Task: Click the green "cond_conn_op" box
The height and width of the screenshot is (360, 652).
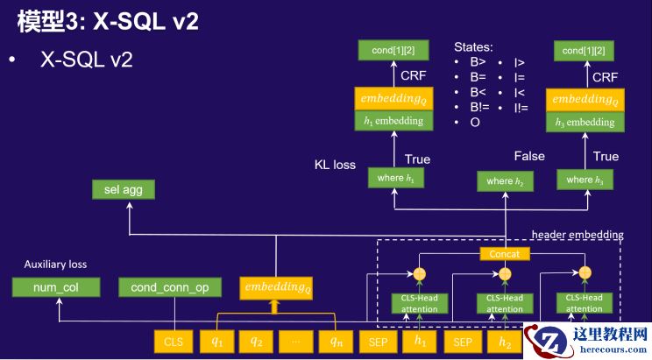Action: click(171, 287)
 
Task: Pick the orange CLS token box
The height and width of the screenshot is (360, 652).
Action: click(174, 342)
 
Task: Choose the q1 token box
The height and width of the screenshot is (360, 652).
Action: click(216, 342)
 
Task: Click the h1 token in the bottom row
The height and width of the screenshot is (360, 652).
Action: click(421, 342)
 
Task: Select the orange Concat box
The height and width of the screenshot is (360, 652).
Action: click(504, 254)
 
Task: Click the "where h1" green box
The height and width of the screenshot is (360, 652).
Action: click(393, 179)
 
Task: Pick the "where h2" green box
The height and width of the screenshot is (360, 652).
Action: click(504, 181)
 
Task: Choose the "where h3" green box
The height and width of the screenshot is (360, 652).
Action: click(585, 180)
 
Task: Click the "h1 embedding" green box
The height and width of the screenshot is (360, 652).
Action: click(393, 121)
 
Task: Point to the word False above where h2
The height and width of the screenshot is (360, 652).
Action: click(529, 156)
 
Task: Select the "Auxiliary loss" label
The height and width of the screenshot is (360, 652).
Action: click(55, 264)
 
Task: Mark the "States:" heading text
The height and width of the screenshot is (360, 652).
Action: click(473, 46)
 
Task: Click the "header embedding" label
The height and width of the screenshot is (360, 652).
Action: click(578, 234)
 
